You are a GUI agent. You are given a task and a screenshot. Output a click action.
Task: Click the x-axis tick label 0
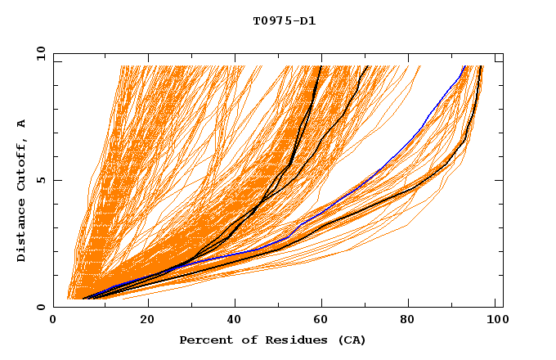point(53,321)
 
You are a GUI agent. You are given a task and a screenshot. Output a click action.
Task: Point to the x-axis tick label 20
point(147,321)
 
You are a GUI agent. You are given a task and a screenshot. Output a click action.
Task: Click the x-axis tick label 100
point(495,321)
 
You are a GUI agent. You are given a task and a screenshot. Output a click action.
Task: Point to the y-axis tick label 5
point(43,180)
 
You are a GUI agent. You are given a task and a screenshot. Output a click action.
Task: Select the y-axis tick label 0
point(43,307)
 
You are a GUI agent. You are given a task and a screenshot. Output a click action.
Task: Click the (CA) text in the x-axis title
point(352,340)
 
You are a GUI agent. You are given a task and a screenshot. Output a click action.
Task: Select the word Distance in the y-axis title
point(21,235)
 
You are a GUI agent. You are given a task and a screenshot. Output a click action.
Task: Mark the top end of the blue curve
point(464,66)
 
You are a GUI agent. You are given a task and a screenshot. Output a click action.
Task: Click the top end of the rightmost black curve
point(481,66)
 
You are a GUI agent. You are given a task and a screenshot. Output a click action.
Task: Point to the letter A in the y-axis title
point(21,123)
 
